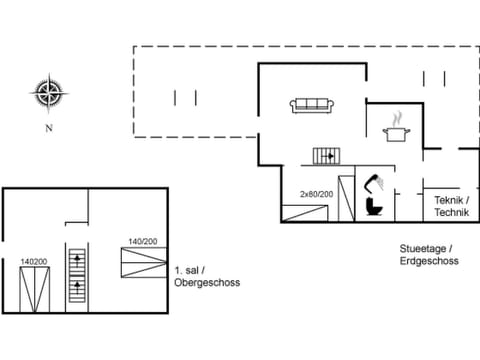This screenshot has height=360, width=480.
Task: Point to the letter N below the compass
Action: [47, 128]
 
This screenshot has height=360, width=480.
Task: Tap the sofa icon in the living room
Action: [312, 104]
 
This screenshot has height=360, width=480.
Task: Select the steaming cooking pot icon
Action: [396, 129]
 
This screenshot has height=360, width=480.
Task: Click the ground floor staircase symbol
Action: [327, 155]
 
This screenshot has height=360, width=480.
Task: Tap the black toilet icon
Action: [374, 205]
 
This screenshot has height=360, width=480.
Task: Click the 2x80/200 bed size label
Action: [316, 194]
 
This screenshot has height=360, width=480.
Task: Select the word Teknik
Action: [449, 200]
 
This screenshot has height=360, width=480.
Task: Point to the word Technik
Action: [451, 213]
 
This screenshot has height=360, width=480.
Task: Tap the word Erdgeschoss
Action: [431, 261]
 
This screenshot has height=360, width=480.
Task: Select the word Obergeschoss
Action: [207, 282]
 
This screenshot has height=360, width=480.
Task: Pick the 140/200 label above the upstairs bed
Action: [141, 241]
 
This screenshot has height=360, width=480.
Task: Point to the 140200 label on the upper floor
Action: [34, 262]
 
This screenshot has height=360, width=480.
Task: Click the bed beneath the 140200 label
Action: [34, 288]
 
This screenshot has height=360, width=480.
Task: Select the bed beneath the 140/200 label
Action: [141, 262]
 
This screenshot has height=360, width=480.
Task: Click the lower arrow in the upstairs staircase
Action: [77, 290]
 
